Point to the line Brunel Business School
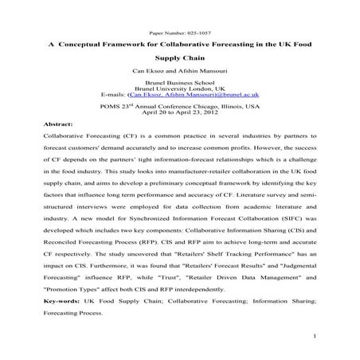[180, 85]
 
